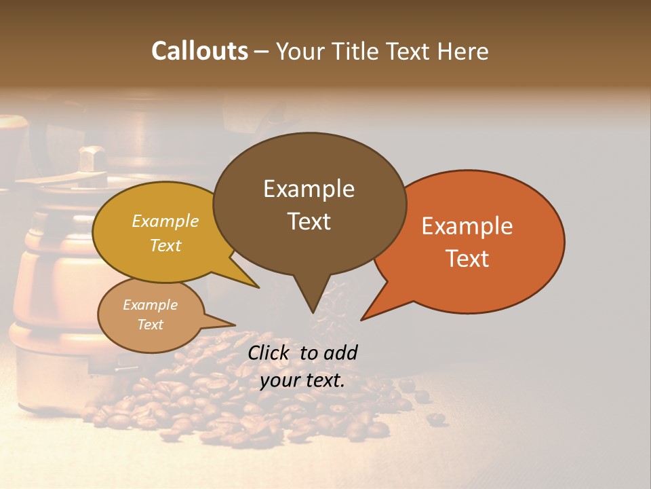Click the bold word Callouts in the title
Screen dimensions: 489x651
[200, 51]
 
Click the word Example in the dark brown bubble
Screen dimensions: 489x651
[309, 189]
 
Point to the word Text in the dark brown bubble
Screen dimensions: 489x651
[309, 221]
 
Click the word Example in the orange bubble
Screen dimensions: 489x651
[467, 226]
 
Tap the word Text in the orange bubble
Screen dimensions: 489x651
[467, 258]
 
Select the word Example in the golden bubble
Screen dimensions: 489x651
[165, 221]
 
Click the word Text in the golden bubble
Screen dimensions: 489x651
[165, 245]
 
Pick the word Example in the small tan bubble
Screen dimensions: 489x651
[151, 305]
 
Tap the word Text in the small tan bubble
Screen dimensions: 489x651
[151, 325]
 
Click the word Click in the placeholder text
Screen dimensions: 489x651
[270, 352]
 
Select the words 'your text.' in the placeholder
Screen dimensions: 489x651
[302, 380]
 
